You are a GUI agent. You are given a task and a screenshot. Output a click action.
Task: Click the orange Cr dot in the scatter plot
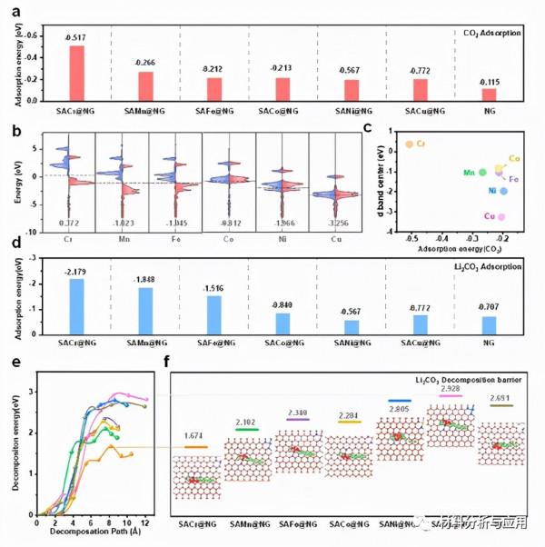410,144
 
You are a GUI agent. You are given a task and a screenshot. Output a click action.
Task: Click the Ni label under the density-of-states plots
282,241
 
